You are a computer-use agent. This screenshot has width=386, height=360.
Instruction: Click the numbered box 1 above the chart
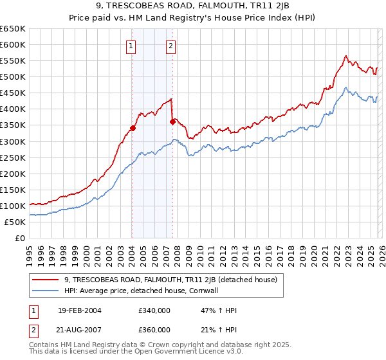(x=131, y=46)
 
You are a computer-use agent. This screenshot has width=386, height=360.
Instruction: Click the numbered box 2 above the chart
(x=171, y=46)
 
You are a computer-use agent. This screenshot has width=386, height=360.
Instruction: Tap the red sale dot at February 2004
(x=133, y=128)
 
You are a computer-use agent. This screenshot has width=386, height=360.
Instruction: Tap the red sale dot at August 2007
(x=172, y=122)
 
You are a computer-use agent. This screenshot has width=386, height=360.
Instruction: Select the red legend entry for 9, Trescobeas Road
(x=170, y=280)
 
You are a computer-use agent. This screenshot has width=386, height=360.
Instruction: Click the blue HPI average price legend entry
(x=158, y=291)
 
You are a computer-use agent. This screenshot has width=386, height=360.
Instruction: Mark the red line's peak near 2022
(x=346, y=56)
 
